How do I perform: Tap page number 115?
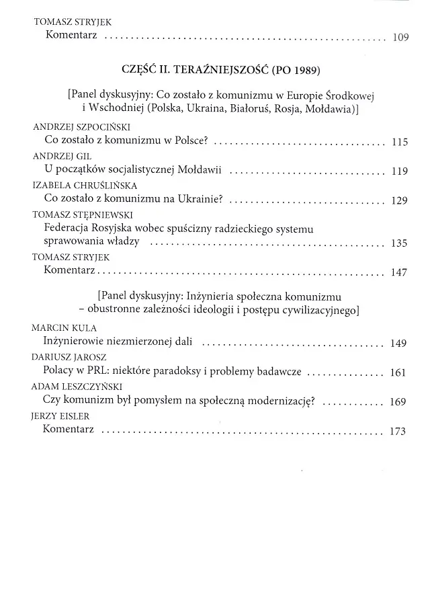click(399, 142)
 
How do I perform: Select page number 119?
click(399, 171)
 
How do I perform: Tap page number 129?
click(399, 201)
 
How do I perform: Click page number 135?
click(399, 243)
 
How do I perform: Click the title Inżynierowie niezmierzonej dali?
click(118, 342)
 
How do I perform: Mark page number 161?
click(399, 372)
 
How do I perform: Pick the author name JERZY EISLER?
click(60, 416)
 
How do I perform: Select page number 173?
click(398, 431)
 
